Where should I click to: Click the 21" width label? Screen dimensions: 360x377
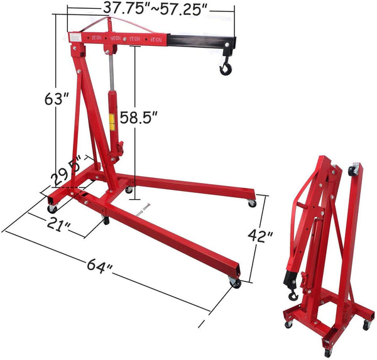[58, 224]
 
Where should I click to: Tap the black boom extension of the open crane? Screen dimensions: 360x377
[202, 43]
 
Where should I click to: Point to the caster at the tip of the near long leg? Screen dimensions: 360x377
[236, 283]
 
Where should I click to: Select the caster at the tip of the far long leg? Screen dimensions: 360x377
[252, 202]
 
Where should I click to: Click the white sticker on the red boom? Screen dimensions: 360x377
[75, 40]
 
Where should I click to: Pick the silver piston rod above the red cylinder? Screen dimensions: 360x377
[111, 75]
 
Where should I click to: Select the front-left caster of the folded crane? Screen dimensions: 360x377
[288, 324]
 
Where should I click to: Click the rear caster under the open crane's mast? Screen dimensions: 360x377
[128, 188]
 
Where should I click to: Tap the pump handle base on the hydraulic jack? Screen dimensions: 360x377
[119, 151]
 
